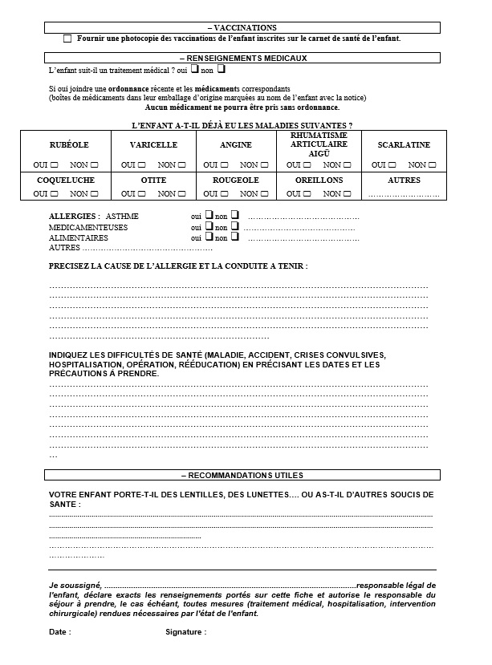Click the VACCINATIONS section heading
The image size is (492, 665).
[x=242, y=27]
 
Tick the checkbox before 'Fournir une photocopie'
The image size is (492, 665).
[x=67, y=39]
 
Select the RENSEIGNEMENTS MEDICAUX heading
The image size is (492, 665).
[x=242, y=58]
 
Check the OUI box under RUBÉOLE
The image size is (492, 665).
[x=55, y=164]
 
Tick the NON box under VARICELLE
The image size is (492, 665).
[x=182, y=164]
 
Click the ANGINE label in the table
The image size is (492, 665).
[x=235, y=144]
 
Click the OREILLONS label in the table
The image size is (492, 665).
[x=319, y=180]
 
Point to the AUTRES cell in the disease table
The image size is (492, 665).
[x=404, y=180]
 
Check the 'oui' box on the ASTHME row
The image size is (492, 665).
[x=207, y=215]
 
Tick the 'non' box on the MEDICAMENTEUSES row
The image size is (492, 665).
[x=235, y=226]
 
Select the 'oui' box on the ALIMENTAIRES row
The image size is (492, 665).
[x=207, y=237]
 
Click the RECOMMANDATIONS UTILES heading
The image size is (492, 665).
[x=242, y=475]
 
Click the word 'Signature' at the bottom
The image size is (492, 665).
[x=184, y=632]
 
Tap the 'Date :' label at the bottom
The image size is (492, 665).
[x=60, y=632]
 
